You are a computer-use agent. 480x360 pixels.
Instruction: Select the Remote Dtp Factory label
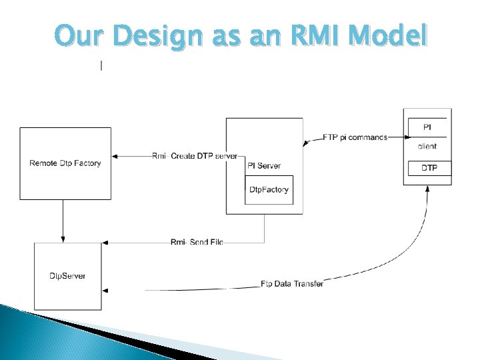[x=65, y=163]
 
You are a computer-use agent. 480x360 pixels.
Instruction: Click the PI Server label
[x=264, y=165]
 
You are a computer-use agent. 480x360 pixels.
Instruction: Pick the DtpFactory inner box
[x=269, y=190]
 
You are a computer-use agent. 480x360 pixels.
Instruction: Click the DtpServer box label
[x=67, y=276]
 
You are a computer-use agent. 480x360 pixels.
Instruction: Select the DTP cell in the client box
[x=429, y=168]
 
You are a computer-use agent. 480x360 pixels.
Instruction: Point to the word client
[x=427, y=146]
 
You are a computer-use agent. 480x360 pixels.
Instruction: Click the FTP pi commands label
[x=355, y=137]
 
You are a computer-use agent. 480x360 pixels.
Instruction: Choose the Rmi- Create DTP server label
[x=195, y=156]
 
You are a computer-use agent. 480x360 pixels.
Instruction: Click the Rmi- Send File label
[x=197, y=241]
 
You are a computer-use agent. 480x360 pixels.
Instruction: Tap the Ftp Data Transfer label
[x=292, y=284]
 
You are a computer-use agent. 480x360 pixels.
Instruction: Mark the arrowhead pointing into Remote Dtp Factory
[x=115, y=156]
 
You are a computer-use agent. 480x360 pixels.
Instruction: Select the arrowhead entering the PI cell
[x=403, y=137]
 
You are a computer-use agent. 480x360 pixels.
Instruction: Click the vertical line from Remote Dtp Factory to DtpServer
[x=63, y=220]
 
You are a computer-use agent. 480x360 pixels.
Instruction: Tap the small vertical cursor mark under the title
[x=101, y=65]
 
